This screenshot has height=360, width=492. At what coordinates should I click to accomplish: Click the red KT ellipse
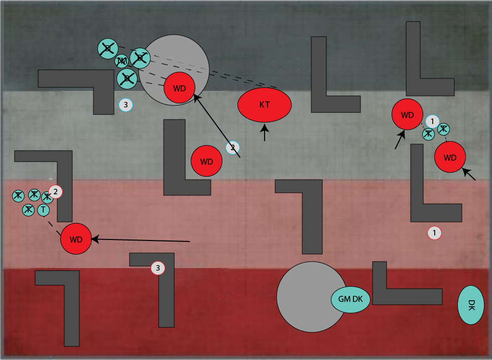pos(265,104)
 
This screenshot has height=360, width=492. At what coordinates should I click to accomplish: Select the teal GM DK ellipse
pos(350,299)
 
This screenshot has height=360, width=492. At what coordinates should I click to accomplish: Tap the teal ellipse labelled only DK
pos(470,305)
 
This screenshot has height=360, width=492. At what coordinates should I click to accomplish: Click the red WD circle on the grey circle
pos(179,88)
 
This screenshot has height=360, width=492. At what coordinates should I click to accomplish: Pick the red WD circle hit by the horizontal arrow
pos(76,239)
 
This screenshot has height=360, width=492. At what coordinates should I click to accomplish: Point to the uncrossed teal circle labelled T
pos(44,209)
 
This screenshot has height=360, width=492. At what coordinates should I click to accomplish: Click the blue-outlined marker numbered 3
pos(126,105)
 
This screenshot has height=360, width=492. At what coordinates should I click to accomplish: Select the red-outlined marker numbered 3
pos(158,268)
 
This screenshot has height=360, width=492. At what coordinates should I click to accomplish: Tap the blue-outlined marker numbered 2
pos(232,148)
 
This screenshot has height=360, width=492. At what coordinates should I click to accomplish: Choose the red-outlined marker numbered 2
pos(55,191)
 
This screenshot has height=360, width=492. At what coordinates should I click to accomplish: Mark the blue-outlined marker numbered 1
pos(432,121)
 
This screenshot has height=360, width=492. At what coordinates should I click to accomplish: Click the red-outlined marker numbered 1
pos(434,233)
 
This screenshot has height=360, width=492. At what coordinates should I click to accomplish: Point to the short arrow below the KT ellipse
pos(265,134)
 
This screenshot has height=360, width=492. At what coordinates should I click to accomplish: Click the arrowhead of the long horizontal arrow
pos(95,239)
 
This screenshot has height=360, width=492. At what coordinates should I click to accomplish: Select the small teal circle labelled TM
pos(121,61)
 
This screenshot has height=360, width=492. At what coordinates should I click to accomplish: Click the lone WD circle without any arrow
pos(206,161)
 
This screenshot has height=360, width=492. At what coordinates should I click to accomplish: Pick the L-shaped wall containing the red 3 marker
pos(166,296)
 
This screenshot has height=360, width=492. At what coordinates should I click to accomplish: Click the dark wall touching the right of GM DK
pos(402,296)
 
